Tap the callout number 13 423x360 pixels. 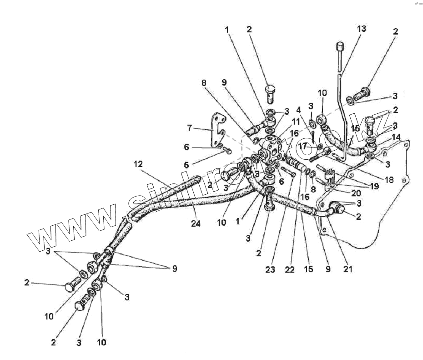(x=362, y=29)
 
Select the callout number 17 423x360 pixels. (x=303, y=147)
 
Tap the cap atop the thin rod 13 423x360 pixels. (x=339, y=46)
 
